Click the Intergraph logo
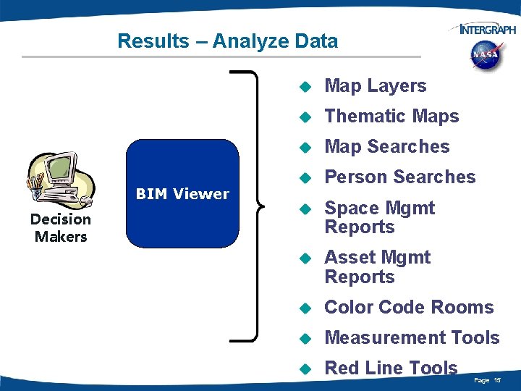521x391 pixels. point(483,29)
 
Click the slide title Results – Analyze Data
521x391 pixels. point(227,41)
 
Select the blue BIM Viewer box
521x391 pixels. point(182,194)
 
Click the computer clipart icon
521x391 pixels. point(60,181)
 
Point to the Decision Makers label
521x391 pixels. point(61,228)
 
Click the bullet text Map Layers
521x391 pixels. point(375,86)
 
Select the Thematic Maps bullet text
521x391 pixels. point(391,117)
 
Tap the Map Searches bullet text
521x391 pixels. point(387,147)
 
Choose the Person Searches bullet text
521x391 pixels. point(400,177)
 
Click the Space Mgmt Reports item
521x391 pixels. point(379,217)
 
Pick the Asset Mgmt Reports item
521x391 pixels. point(377,266)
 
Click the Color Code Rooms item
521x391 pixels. point(409,307)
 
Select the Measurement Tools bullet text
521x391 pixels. point(412,337)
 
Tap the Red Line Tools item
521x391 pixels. point(391,368)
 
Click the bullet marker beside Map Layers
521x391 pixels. point(305,87)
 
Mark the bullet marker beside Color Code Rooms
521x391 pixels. point(305,308)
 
